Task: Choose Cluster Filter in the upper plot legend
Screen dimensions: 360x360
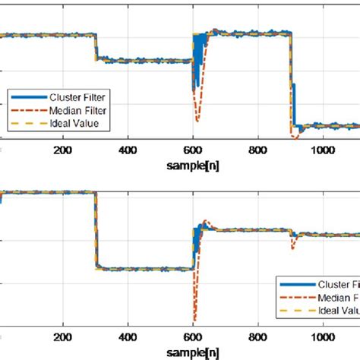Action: coord(79,97)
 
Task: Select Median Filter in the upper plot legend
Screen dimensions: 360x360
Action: coord(79,111)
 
